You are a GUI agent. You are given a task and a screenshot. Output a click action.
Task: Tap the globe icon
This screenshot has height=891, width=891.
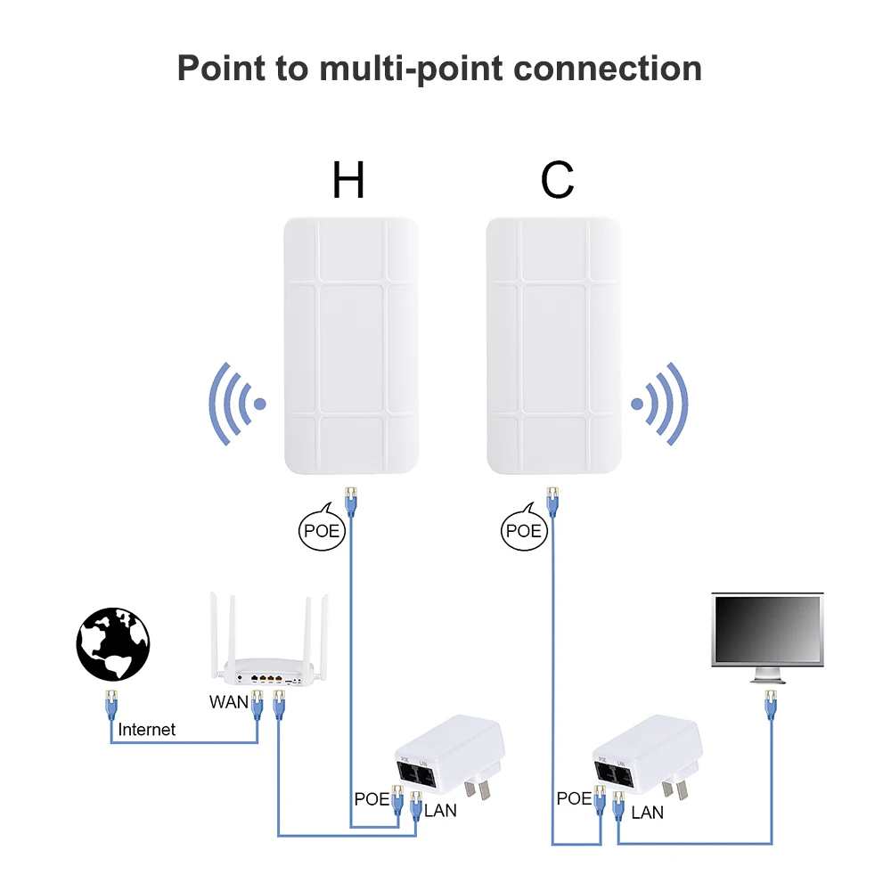(113, 644)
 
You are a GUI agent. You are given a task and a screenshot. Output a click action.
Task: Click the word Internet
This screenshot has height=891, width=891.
(147, 730)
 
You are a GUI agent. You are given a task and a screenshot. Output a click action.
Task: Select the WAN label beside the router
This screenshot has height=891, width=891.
(229, 702)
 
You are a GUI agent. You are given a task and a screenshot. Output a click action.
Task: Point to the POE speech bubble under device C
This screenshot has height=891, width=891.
(522, 530)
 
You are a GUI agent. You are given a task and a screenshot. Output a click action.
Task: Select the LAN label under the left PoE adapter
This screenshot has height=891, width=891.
(440, 811)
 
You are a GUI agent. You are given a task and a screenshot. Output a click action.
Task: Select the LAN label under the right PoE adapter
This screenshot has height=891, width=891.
(647, 812)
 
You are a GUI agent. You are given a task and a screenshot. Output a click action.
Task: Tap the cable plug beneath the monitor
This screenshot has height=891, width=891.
(769, 707)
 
